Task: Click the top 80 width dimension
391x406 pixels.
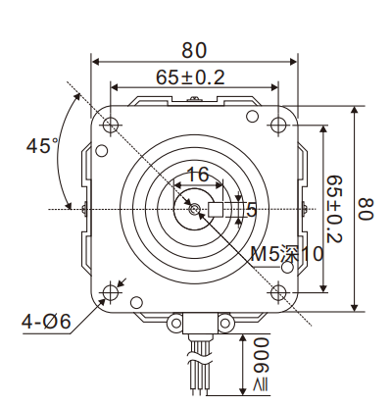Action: pyautogui.click(x=193, y=48)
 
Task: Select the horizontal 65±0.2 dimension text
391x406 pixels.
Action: pyautogui.click(x=190, y=76)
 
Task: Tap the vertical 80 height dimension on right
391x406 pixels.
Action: pyautogui.click(x=367, y=208)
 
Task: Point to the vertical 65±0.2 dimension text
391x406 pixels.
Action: pyautogui.click(x=335, y=209)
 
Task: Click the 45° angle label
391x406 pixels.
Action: pyautogui.click(x=42, y=146)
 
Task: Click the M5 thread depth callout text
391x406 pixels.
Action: pyautogui.click(x=286, y=254)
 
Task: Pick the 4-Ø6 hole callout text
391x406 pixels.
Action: pyautogui.click(x=46, y=319)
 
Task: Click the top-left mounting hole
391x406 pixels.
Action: pyautogui.click(x=111, y=125)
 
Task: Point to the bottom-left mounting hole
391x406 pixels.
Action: pyautogui.click(x=111, y=291)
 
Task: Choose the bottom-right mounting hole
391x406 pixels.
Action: pyautogui.click(x=278, y=291)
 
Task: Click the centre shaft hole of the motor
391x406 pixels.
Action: pyautogui.click(x=195, y=209)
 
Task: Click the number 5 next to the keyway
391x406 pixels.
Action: pyautogui.click(x=252, y=209)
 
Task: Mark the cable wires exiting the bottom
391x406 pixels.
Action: pyautogui.click(x=195, y=368)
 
